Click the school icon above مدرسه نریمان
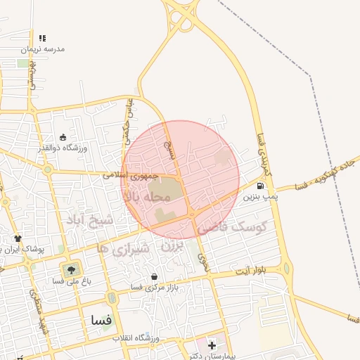pyautogui.click(x=42, y=39)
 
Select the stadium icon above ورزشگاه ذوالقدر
pyautogui.click(x=63, y=137)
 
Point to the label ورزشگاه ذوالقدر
pyautogui.click(x=63, y=148)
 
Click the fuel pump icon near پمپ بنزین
pyautogui.click(x=261, y=186)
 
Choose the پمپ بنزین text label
pyautogui.click(x=261, y=198)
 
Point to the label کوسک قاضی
pyautogui.click(x=231, y=227)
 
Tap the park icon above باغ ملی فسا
pyautogui.click(x=70, y=269)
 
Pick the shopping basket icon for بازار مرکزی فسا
pyautogui.click(x=154, y=277)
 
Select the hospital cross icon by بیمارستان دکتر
pyautogui.click(x=212, y=345)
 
